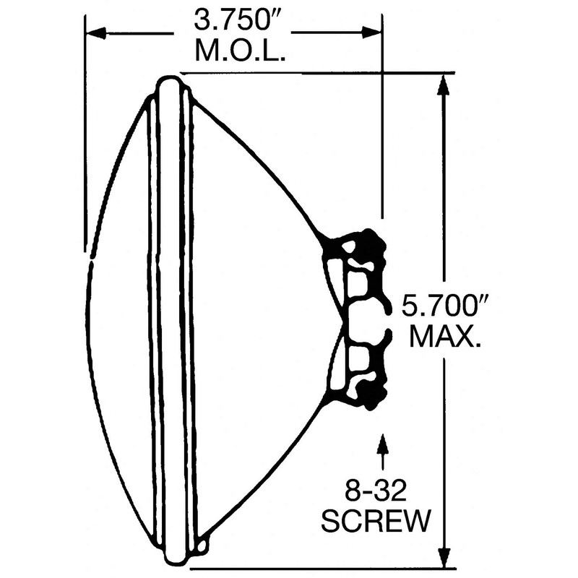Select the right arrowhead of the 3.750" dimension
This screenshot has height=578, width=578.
(371, 33)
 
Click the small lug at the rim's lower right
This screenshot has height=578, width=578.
(204, 540)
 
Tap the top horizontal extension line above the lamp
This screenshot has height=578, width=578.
(318, 73)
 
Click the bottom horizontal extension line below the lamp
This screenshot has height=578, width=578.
(318, 567)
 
